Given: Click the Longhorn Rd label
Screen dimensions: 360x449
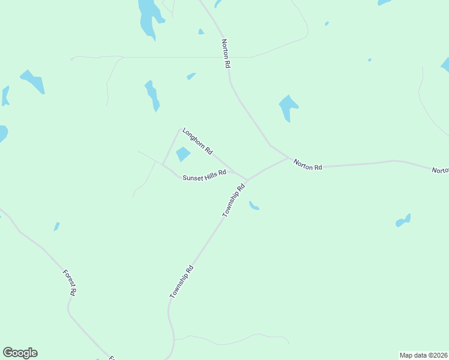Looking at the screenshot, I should pyautogui.click(x=197, y=142).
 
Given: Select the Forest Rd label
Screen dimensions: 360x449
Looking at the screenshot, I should pyautogui.click(x=70, y=283).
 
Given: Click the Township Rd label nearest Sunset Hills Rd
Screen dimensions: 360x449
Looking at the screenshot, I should pyautogui.click(x=234, y=200).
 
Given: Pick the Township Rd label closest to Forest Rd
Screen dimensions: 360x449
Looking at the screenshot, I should pyautogui.click(x=181, y=281).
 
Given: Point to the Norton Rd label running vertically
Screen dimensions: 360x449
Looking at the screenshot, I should pyautogui.click(x=226, y=53).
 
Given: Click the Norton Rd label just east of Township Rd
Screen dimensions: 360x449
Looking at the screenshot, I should pyautogui.click(x=307, y=164).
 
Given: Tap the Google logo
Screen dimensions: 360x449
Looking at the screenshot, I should pyautogui.click(x=20, y=353).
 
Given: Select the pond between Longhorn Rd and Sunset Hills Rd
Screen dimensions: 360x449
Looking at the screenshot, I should pyautogui.click(x=182, y=154).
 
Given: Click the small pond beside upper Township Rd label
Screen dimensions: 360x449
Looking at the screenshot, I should pyautogui.click(x=254, y=206).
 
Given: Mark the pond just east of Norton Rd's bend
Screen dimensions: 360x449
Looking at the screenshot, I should pyautogui.click(x=288, y=107).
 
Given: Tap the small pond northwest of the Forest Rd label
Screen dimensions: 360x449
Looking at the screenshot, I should pyautogui.click(x=56, y=226).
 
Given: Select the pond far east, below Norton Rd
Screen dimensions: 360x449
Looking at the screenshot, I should pyautogui.click(x=403, y=221).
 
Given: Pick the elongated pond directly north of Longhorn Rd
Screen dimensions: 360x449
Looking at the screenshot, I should pyautogui.click(x=152, y=95).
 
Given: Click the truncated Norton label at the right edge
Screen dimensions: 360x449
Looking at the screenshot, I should pyautogui.click(x=441, y=170).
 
